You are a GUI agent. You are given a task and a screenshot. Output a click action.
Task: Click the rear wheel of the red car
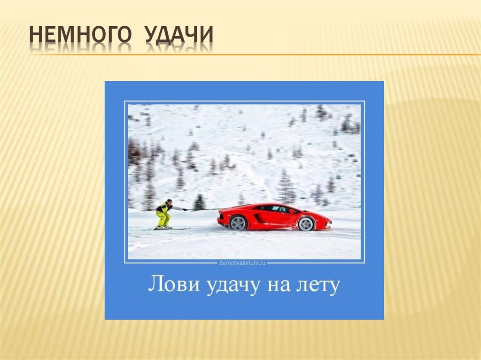coord(239,222)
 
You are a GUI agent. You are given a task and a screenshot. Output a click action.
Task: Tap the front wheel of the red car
coord(306,223)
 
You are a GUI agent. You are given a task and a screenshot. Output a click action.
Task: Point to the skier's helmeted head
coord(169,201)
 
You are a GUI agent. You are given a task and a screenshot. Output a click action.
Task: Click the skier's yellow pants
coord(163,218)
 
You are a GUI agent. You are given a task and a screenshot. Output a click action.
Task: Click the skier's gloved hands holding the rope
coord(185,209)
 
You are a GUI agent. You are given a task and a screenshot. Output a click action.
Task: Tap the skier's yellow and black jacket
coord(164,207)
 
